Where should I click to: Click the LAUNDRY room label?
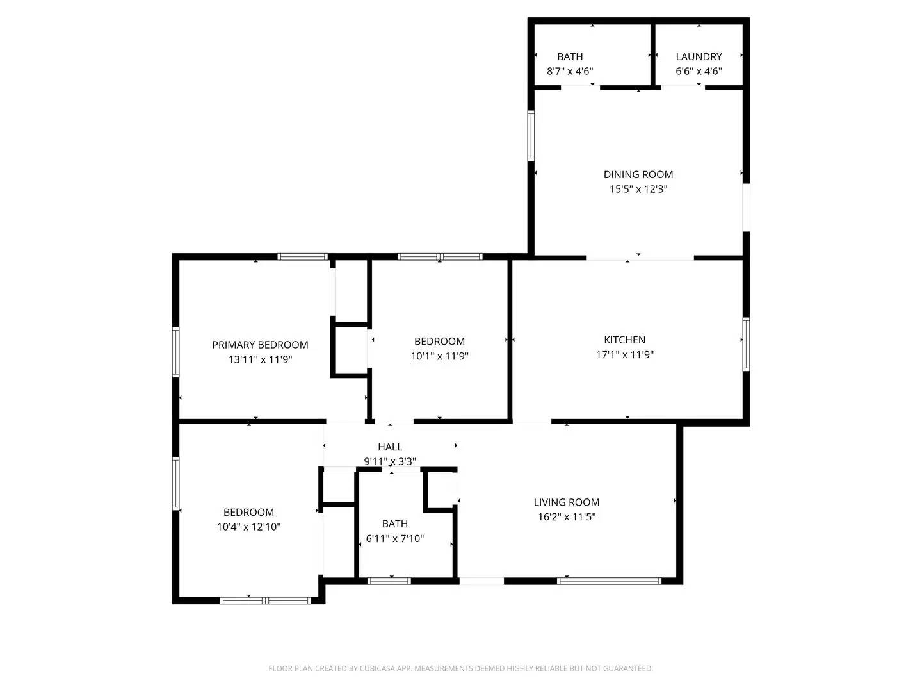coord(699,56)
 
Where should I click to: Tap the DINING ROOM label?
coord(638,174)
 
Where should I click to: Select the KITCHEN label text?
coord(625,340)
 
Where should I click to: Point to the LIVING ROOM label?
coord(567,502)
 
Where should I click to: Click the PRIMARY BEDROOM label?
coord(260,345)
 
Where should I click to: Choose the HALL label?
coord(390,447)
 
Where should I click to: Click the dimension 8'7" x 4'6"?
coord(570,71)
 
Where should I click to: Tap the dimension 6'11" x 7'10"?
coord(395,539)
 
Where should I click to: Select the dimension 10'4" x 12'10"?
coord(249,527)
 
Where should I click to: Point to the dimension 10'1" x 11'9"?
coord(440,356)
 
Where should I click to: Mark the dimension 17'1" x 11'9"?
coord(625,354)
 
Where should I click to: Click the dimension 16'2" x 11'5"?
coord(567,517)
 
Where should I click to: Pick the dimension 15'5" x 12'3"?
coord(638,189)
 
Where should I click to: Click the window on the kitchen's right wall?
coord(746,344)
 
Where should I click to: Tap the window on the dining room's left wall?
coord(531,136)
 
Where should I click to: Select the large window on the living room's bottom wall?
coord(608,581)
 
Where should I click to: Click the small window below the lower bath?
coord(389,581)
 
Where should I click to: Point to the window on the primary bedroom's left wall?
coord(176,352)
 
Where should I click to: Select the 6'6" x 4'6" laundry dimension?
coord(699,71)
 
